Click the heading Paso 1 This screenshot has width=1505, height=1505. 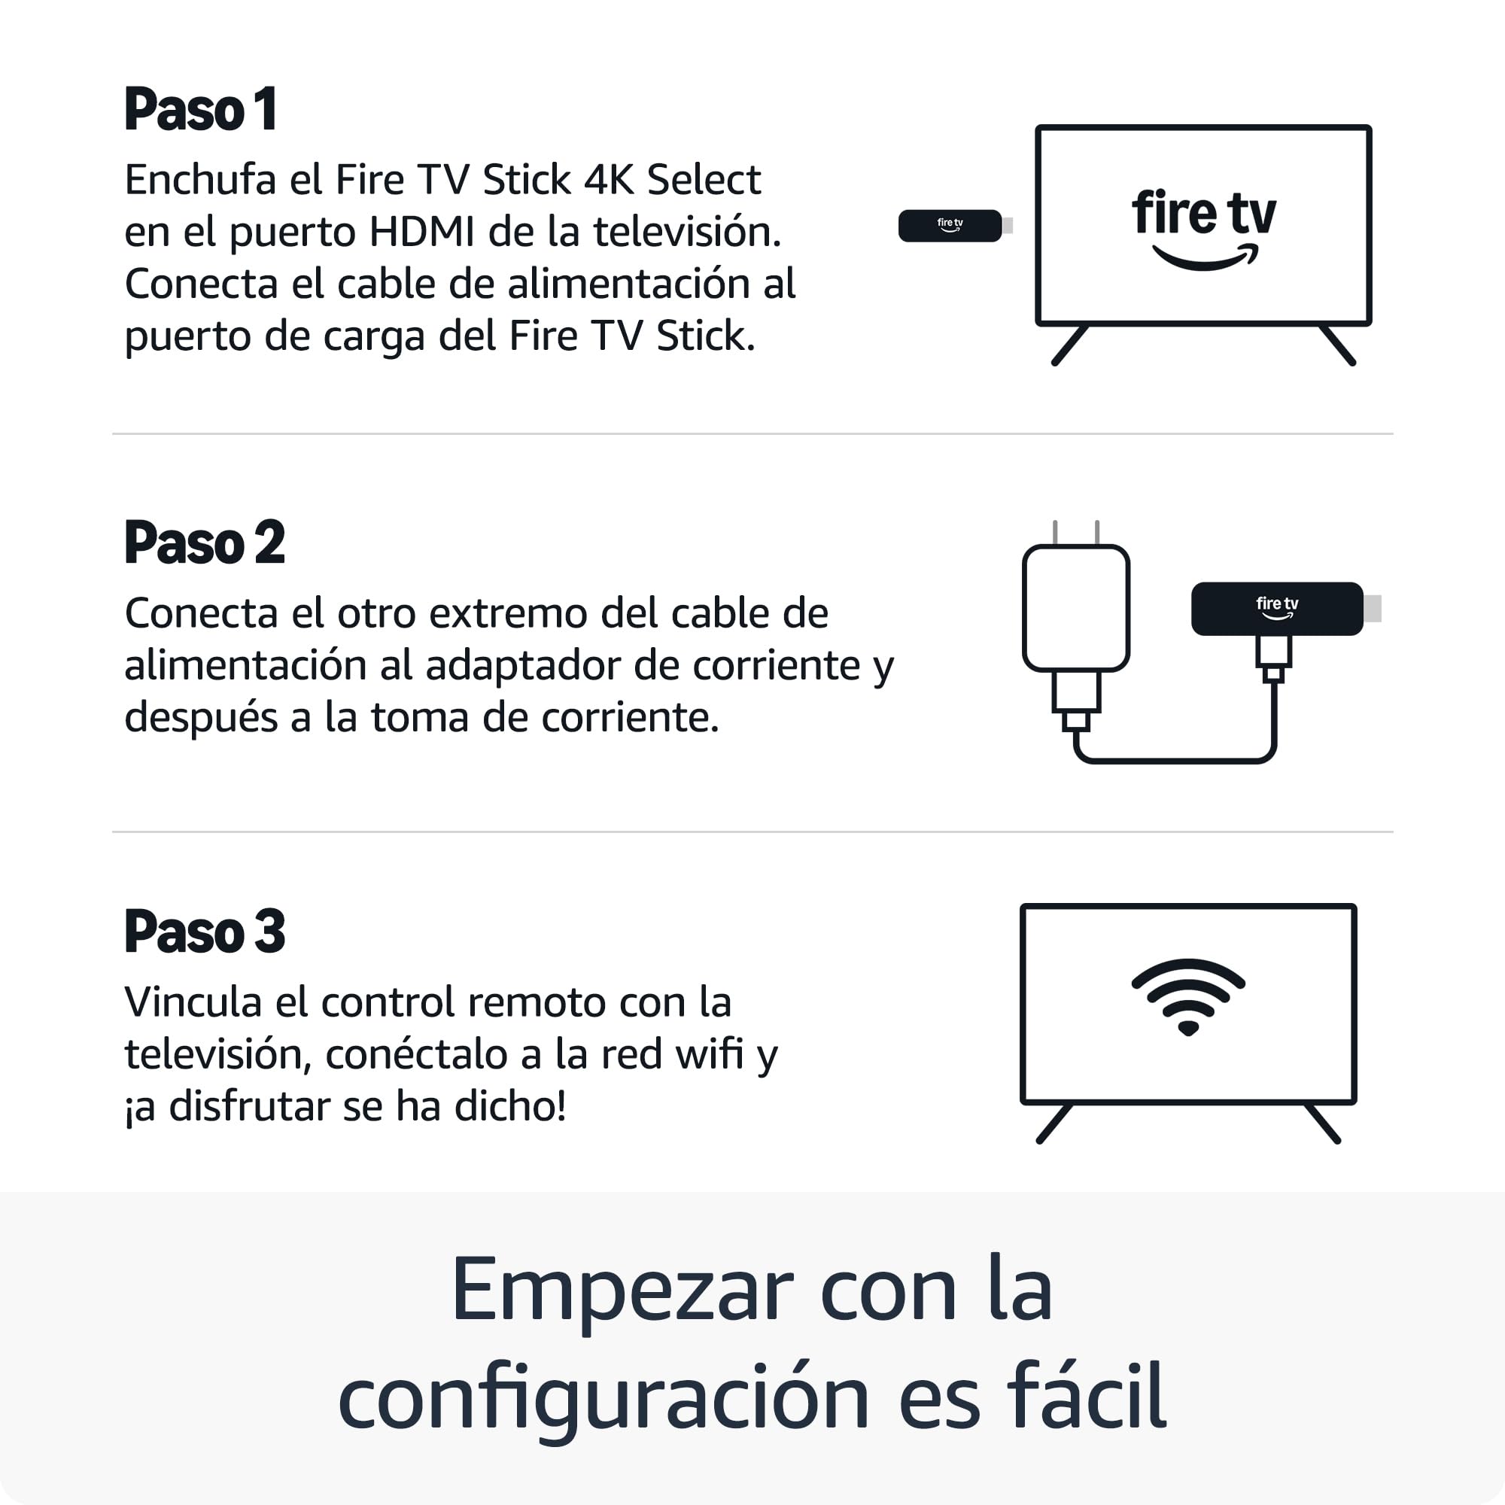click(x=200, y=109)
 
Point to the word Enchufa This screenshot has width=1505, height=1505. click(x=200, y=180)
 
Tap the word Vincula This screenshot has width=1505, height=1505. click(x=193, y=1002)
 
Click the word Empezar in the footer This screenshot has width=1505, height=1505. click(x=622, y=1290)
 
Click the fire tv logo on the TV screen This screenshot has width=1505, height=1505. click(x=1203, y=229)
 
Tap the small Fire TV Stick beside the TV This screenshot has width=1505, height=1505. click(x=955, y=226)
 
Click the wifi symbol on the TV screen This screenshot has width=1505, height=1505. click(x=1188, y=996)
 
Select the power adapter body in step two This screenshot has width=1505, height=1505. click(x=1076, y=607)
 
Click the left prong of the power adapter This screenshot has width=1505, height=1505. click(x=1055, y=533)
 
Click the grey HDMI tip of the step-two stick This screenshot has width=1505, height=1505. click(x=1373, y=608)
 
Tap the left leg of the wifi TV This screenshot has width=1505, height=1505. click(x=1055, y=1123)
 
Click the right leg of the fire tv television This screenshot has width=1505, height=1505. click(x=1337, y=345)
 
